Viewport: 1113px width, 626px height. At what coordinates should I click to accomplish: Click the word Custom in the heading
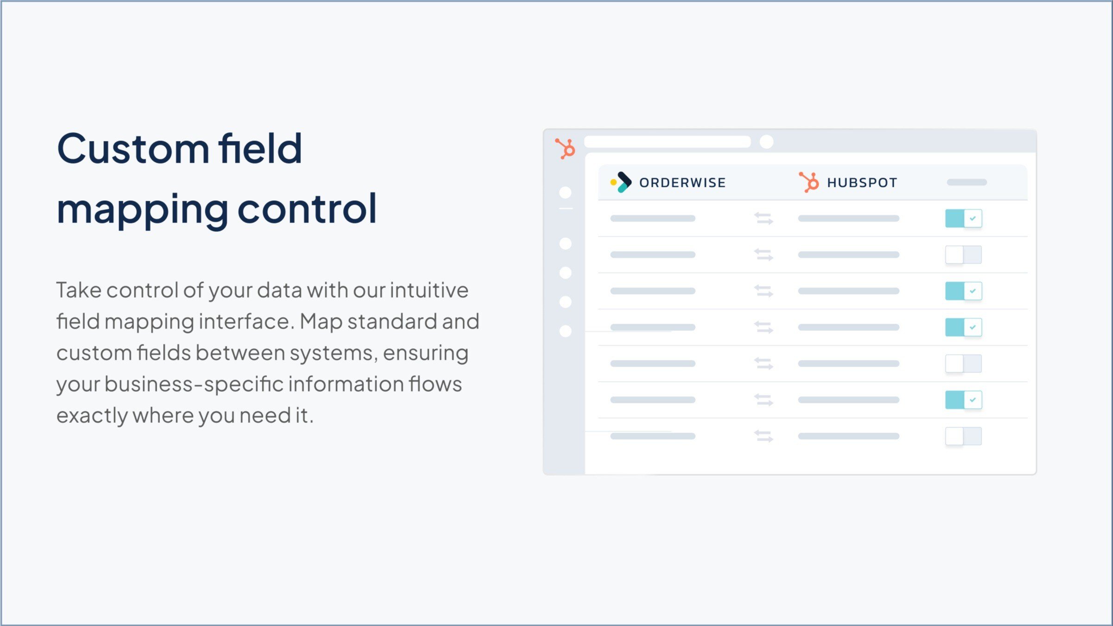click(x=133, y=149)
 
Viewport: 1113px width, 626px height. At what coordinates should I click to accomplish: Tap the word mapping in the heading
click(x=142, y=210)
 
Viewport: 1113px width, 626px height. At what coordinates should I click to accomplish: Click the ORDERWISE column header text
click(x=682, y=183)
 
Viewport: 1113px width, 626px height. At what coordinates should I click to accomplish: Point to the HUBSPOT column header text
click(x=862, y=183)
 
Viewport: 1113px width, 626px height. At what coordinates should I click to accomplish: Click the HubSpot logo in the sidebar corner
click(x=566, y=149)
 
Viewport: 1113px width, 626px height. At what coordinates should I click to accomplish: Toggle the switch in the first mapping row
click(x=963, y=218)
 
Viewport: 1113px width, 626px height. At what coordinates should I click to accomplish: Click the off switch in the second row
click(x=963, y=255)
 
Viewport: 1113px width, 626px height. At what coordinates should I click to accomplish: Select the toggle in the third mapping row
click(x=963, y=291)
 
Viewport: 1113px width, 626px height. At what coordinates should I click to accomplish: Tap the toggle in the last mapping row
click(x=963, y=436)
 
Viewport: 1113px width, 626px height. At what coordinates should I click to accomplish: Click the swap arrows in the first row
click(x=763, y=218)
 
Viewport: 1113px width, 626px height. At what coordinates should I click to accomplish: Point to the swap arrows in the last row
click(x=763, y=436)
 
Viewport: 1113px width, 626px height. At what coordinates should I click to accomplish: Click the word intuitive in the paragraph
click(x=429, y=290)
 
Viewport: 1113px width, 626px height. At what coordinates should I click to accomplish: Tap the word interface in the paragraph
click(x=246, y=322)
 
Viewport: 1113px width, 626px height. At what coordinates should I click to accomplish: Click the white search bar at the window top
click(x=667, y=142)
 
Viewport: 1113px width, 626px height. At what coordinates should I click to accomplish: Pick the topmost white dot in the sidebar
click(x=565, y=192)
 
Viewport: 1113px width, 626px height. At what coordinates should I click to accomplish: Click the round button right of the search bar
click(x=767, y=142)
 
